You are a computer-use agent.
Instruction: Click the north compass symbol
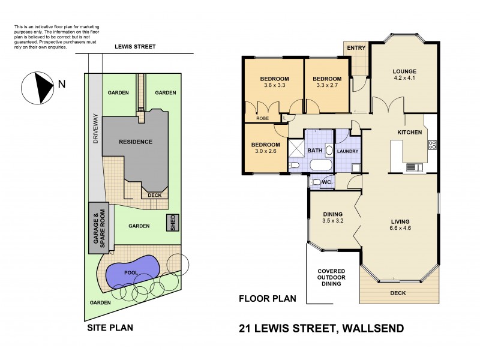[x=38, y=87]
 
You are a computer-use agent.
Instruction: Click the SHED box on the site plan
[x=173, y=223]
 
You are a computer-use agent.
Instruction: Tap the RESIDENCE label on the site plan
[x=135, y=142]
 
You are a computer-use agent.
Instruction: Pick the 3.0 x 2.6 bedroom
[x=265, y=152]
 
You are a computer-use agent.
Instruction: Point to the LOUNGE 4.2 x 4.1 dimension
[x=404, y=78]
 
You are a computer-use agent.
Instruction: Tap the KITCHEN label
[x=410, y=133]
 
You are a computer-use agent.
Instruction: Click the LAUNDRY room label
[x=347, y=151]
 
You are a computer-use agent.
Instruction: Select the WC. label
[x=327, y=181]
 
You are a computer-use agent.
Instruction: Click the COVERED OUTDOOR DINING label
[x=331, y=277]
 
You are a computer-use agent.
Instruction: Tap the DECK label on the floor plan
[x=398, y=293]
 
